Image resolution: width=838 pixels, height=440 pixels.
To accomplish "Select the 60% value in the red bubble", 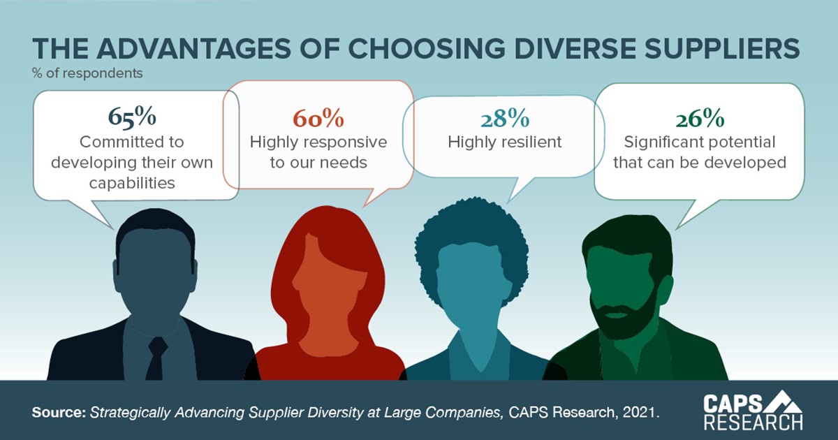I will tap(318, 118).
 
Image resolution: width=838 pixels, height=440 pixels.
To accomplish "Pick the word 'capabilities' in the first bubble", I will tap(131, 183).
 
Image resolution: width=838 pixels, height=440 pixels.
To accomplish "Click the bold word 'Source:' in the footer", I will tap(59, 412).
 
